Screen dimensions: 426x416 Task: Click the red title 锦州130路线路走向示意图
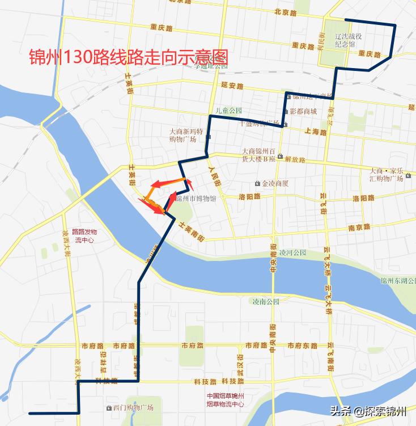(x=129, y=58)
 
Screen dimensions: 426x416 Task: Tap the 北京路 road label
(x=285, y=11)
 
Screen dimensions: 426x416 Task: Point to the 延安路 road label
(x=232, y=86)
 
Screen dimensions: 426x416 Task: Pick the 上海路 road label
(x=315, y=132)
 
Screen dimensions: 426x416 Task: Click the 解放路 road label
(x=295, y=160)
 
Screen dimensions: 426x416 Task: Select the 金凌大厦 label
(x=274, y=183)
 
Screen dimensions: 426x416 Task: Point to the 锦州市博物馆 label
(x=196, y=199)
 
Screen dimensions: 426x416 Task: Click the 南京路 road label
(x=359, y=227)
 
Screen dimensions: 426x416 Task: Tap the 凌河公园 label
(x=293, y=252)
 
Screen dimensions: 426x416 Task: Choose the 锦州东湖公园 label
(x=398, y=281)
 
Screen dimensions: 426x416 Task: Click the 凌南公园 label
(x=265, y=301)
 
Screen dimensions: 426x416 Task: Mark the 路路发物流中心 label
(x=79, y=236)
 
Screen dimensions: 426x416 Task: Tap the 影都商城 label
(x=302, y=111)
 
